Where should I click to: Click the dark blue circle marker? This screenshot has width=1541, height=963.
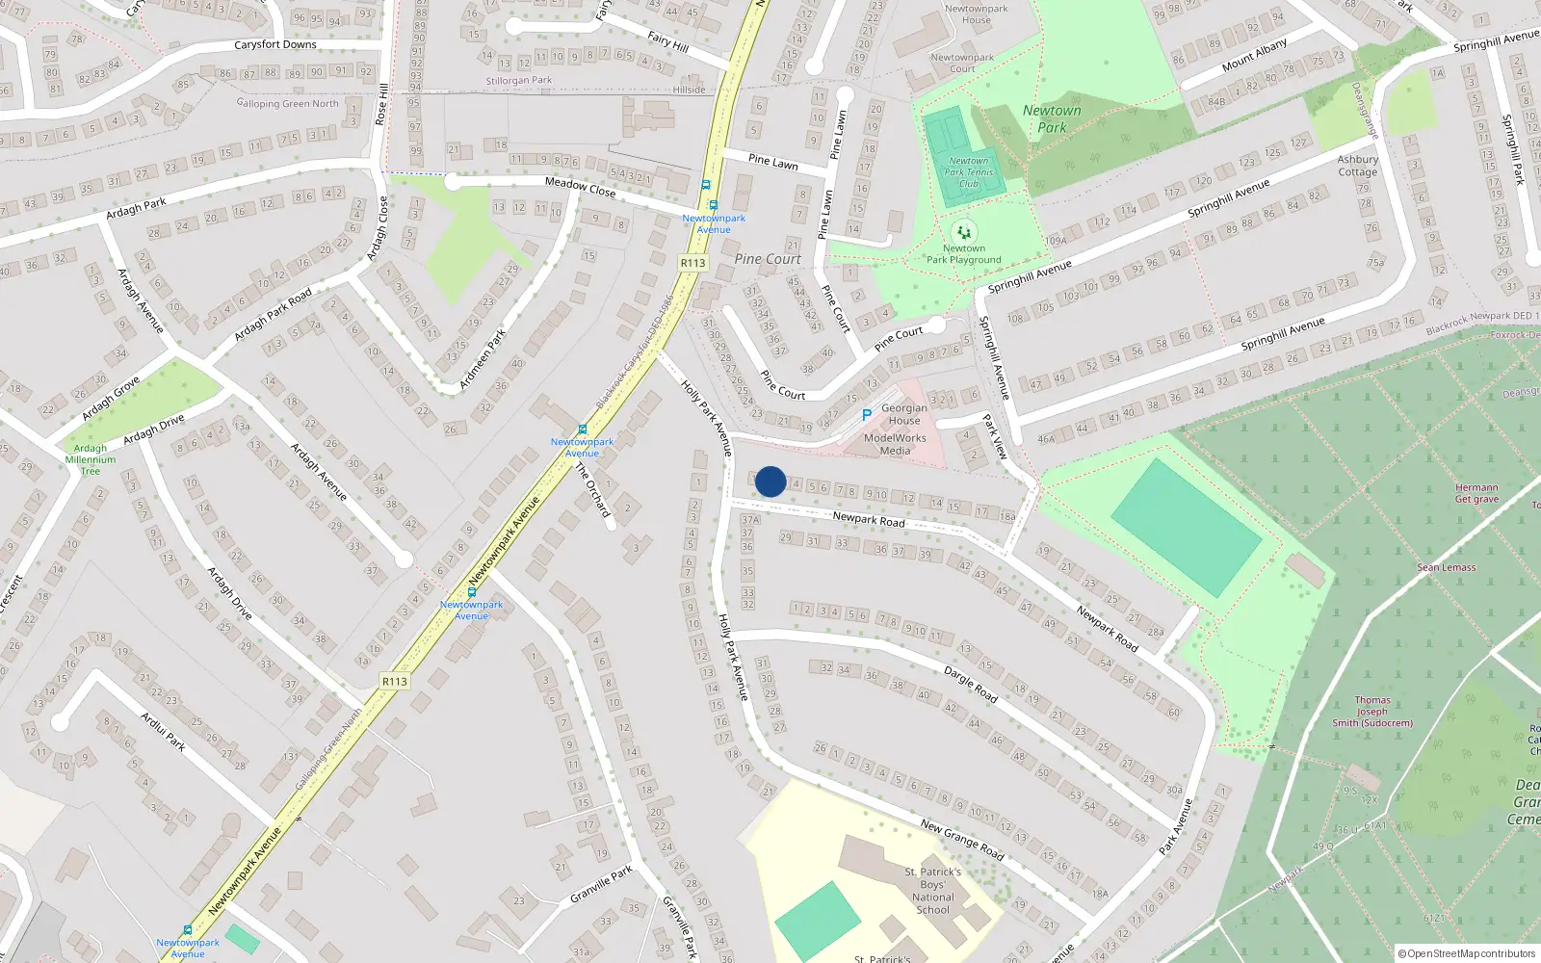tap(770, 481)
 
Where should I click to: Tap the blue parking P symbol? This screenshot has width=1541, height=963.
tap(867, 415)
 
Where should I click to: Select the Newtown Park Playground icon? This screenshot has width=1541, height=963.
tap(963, 232)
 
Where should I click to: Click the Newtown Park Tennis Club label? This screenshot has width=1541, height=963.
tap(968, 172)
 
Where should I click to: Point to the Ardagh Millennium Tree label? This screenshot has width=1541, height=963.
tap(91, 459)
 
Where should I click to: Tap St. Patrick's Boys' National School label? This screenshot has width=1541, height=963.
tap(932, 890)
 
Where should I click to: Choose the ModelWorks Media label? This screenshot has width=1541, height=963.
tap(895, 444)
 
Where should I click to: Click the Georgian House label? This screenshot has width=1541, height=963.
tap(904, 414)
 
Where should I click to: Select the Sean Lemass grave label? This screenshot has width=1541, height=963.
tap(1446, 567)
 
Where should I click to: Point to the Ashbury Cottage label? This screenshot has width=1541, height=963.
tap(1357, 166)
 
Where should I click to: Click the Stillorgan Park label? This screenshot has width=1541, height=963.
tap(519, 81)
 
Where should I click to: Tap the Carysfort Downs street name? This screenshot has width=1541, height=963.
tap(275, 44)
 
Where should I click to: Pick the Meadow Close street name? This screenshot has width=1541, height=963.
tap(580, 186)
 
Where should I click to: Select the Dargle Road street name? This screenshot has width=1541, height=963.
tap(970, 683)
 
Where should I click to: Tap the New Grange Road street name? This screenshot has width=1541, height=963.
tap(961, 839)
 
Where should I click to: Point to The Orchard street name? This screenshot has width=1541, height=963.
tap(593, 489)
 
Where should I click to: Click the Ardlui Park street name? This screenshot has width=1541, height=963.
tap(163, 731)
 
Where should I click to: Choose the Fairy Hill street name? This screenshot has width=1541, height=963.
tap(667, 41)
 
